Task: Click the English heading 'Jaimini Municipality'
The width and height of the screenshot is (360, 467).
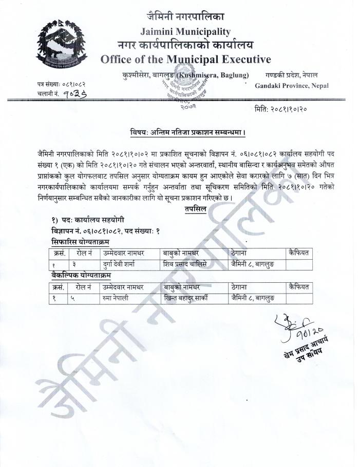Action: click(185, 32)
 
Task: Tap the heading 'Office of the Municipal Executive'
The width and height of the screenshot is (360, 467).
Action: click(185, 59)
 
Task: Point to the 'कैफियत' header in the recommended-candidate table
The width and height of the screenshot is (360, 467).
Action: click(298, 252)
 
